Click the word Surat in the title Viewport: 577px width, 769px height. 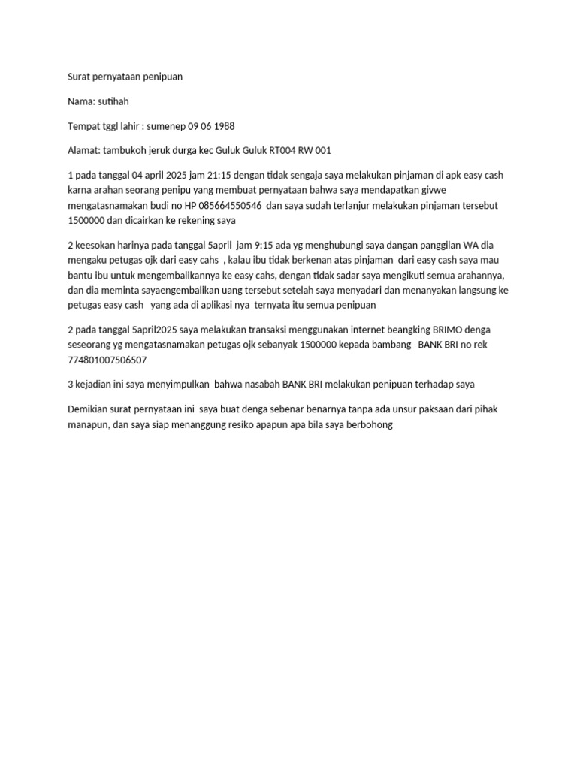click(x=79, y=77)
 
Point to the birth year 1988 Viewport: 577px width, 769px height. click(x=222, y=126)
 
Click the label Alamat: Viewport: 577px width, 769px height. click(x=83, y=150)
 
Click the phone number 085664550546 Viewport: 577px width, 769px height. click(x=226, y=204)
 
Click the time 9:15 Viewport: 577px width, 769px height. click(x=249, y=246)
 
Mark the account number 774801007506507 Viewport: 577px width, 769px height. click(x=107, y=360)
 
